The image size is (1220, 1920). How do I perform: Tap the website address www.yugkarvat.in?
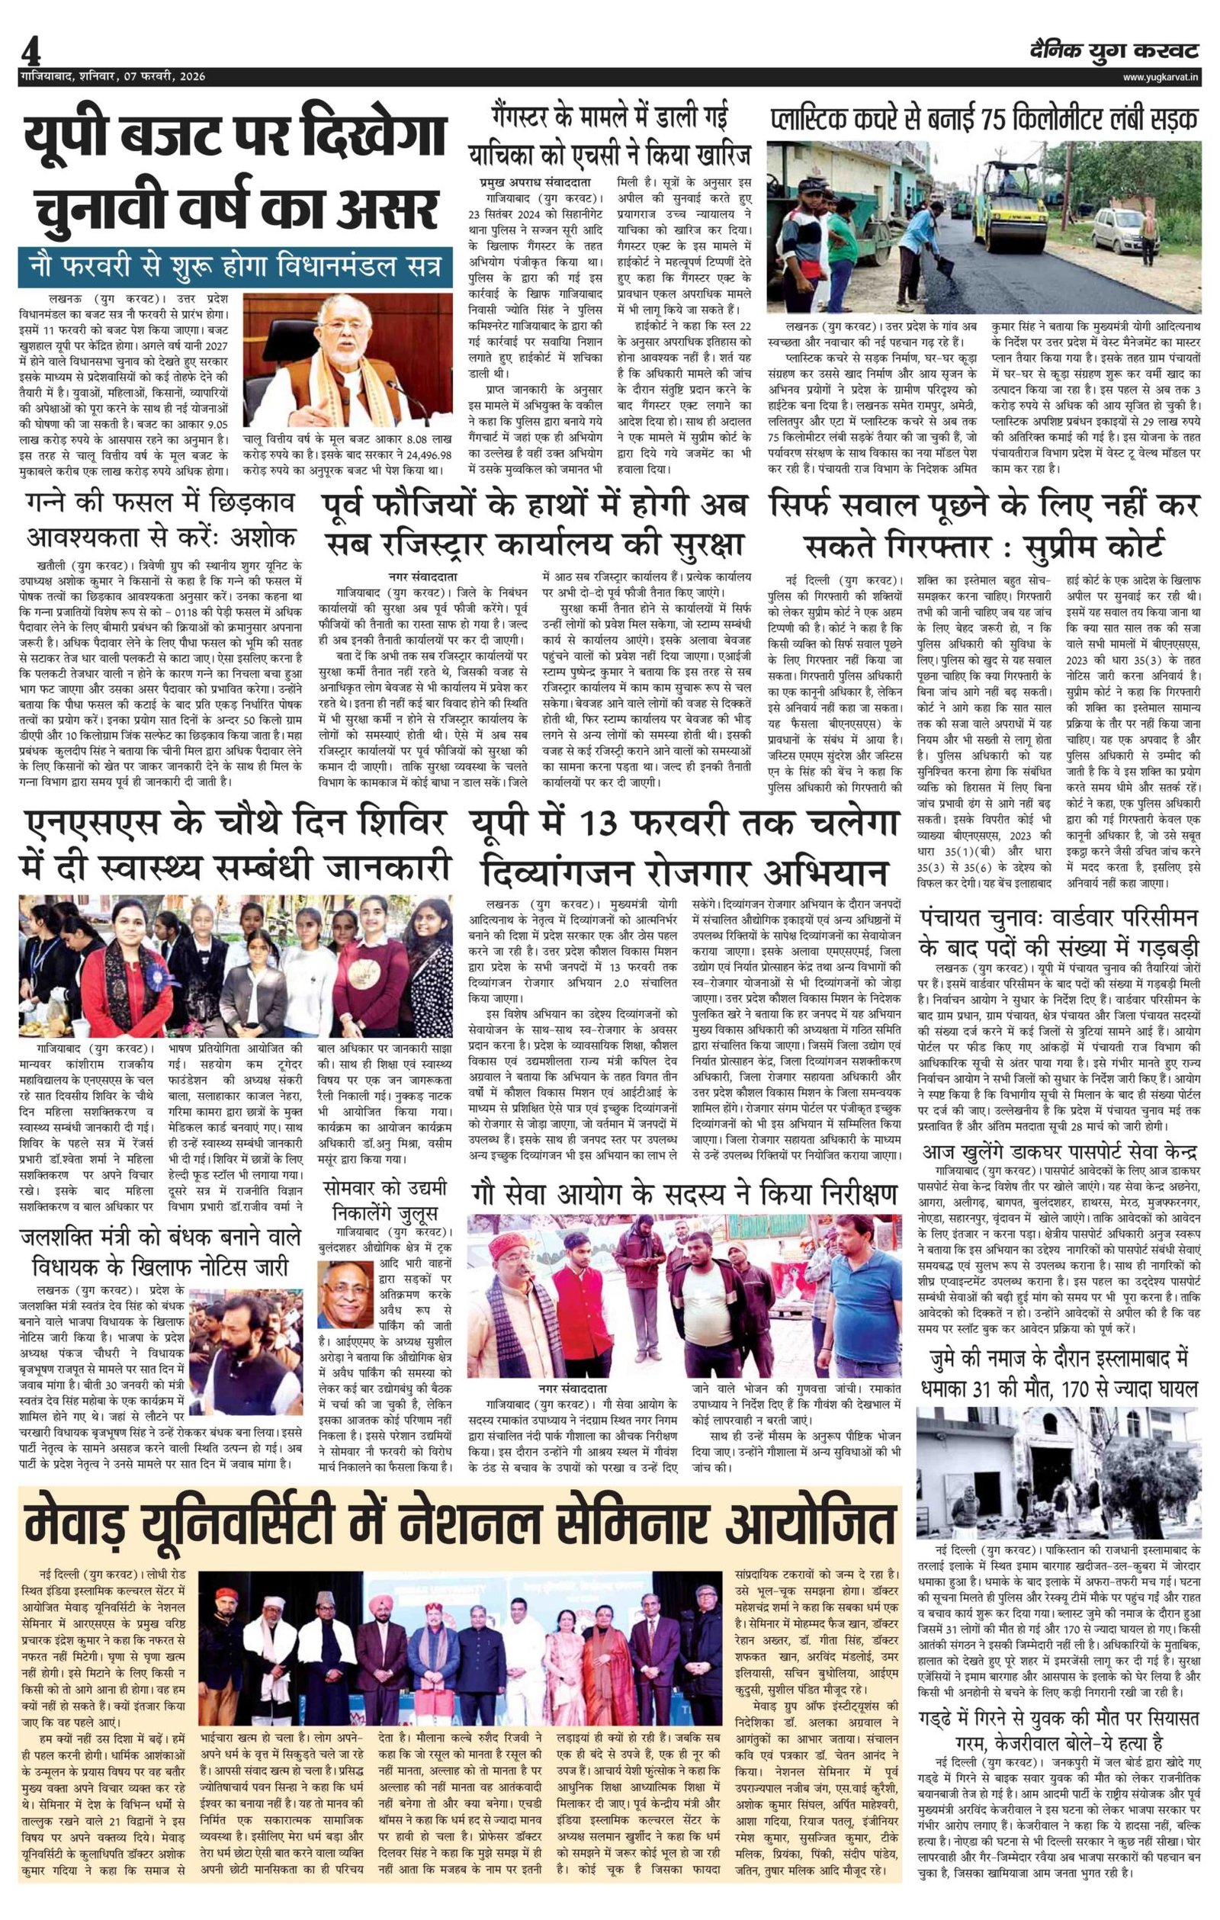point(1161,76)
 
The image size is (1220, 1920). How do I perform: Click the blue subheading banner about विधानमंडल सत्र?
point(235,266)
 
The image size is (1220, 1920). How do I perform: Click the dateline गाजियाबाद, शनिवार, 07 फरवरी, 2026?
point(114,76)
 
